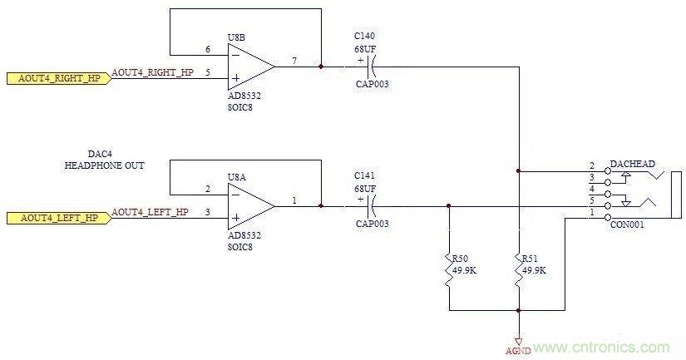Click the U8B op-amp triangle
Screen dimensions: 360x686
click(249, 66)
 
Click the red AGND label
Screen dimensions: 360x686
click(518, 351)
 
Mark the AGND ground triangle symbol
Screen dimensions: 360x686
click(518, 338)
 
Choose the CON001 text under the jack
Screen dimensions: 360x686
click(626, 224)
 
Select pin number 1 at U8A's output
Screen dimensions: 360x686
click(295, 200)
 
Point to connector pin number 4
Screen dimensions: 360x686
click(592, 189)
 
